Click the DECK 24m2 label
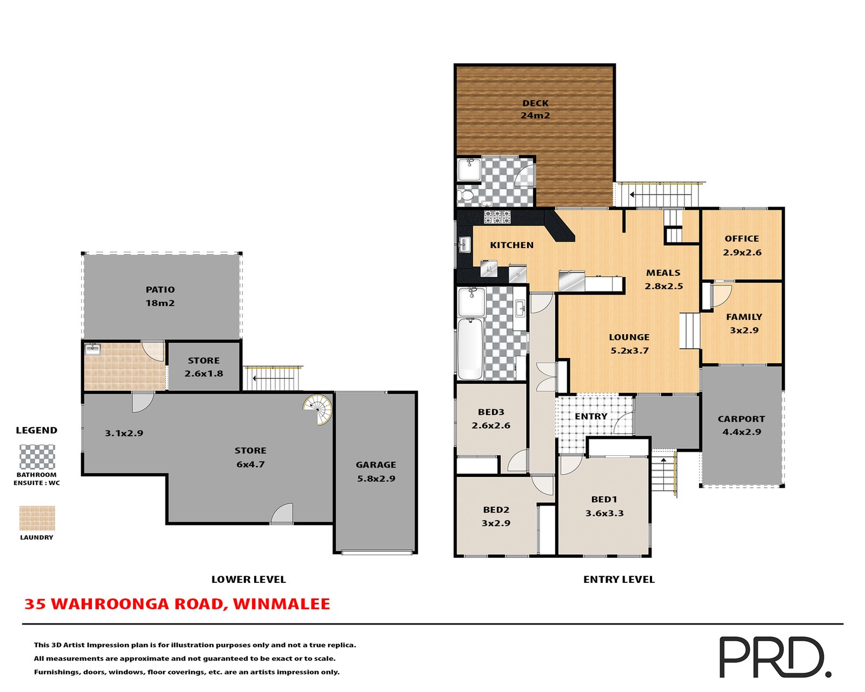[535, 109]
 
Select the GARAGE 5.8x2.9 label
[376, 471]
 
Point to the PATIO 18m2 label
[160, 296]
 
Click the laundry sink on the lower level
[93, 349]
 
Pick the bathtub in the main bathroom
[470, 349]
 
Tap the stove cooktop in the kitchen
[497, 217]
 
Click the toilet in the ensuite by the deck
[465, 195]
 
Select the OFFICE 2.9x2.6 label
[742, 245]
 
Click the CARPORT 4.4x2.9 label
[741, 425]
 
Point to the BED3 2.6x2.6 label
[491, 419]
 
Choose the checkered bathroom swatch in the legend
[37, 457]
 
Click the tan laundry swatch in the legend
[37, 518]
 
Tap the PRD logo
[773, 657]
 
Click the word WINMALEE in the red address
[281, 604]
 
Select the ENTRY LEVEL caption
[619, 580]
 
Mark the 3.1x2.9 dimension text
[124, 433]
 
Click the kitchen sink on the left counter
[464, 245]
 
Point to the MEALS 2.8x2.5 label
[663, 280]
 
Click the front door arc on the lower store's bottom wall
[282, 515]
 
